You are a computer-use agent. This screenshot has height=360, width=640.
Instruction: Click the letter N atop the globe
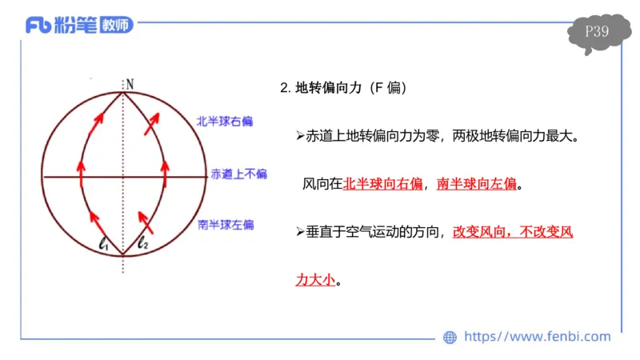(129, 82)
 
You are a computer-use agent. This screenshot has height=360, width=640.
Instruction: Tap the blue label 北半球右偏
(225, 122)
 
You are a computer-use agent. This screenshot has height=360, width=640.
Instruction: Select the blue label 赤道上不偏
(238, 174)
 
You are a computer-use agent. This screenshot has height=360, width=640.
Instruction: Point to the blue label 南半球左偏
(226, 225)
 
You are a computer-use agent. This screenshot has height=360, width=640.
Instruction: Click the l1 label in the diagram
(104, 242)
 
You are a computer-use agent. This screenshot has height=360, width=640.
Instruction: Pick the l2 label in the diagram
(143, 242)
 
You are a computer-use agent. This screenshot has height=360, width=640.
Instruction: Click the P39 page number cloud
(597, 32)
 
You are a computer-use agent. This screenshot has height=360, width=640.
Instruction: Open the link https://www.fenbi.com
(537, 337)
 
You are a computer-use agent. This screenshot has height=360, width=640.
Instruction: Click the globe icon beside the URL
(450, 338)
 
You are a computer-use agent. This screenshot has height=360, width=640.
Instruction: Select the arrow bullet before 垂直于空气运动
(300, 233)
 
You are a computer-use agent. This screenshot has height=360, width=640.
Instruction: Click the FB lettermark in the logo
(39, 26)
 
